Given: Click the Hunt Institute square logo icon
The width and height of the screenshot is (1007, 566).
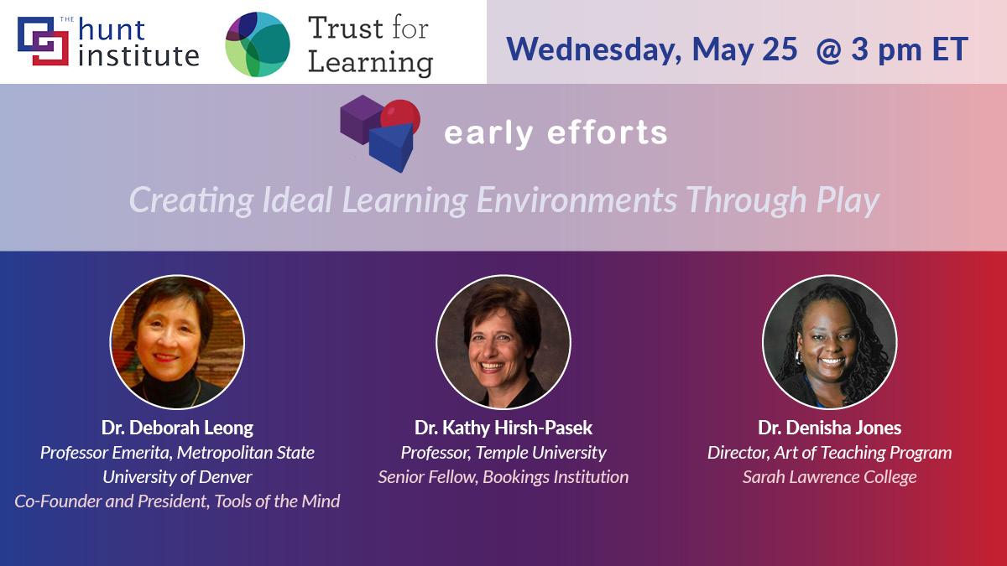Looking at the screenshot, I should (42, 42).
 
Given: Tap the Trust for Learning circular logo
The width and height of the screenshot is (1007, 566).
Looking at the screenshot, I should (258, 44).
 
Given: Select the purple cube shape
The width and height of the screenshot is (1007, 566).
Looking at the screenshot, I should (360, 118).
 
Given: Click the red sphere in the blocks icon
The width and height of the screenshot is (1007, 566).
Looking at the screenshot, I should (400, 117).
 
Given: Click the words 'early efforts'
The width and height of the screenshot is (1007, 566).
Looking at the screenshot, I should (556, 132).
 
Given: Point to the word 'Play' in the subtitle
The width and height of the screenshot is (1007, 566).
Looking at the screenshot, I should (848, 200).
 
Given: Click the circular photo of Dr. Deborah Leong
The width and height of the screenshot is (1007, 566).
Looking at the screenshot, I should (177, 342).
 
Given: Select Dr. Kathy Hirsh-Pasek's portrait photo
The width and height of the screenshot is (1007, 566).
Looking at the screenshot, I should (503, 342).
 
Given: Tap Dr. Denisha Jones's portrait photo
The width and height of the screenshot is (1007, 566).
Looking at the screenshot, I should (829, 342).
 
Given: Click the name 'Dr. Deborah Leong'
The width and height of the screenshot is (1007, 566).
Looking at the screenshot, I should (177, 428).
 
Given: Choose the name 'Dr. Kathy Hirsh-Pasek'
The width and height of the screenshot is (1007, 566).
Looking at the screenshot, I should (503, 428).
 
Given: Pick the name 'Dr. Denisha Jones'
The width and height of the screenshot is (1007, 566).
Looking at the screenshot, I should (829, 428).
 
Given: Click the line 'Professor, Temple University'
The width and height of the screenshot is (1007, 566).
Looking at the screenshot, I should (503, 453).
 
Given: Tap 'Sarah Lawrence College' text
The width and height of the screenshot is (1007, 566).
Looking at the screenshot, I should (829, 477).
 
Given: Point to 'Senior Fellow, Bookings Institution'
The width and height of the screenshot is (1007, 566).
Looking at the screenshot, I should (503, 477).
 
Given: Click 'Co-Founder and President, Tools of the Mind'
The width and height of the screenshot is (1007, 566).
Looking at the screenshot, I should (177, 501).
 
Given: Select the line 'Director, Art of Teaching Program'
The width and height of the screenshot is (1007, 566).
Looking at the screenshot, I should (829, 453).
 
